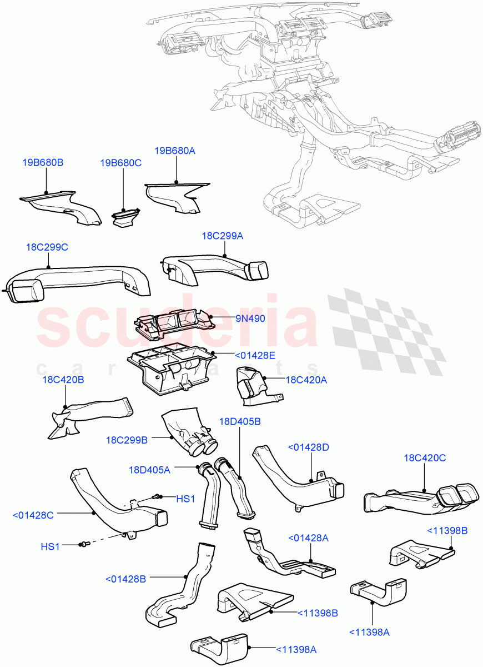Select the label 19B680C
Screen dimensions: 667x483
[x=120, y=163]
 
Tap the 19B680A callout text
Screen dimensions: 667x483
[x=175, y=151]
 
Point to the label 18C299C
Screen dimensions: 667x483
[x=47, y=247]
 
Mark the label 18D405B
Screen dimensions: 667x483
[x=240, y=422]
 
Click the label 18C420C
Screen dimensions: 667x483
[x=425, y=458]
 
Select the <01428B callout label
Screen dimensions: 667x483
[x=125, y=579]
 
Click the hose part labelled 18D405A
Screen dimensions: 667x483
[x=210, y=495]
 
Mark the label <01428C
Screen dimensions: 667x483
[x=33, y=515]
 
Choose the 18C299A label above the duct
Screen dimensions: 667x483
[x=222, y=236]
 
